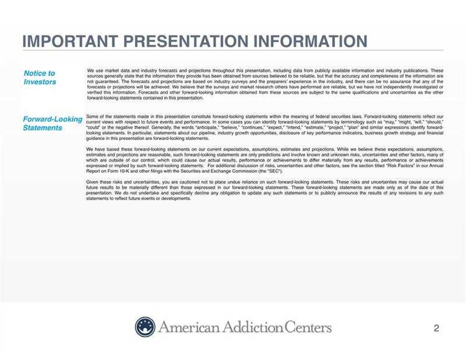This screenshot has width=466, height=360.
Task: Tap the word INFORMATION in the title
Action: (x=310, y=41)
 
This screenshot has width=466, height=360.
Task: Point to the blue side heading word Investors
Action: (x=40, y=82)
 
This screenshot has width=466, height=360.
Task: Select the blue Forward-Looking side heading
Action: (x=53, y=119)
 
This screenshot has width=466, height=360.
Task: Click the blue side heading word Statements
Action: (x=43, y=128)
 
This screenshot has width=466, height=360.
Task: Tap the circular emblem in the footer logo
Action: (x=145, y=327)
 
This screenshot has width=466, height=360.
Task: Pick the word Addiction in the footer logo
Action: (x=253, y=327)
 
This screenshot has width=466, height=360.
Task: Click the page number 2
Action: (x=436, y=328)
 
